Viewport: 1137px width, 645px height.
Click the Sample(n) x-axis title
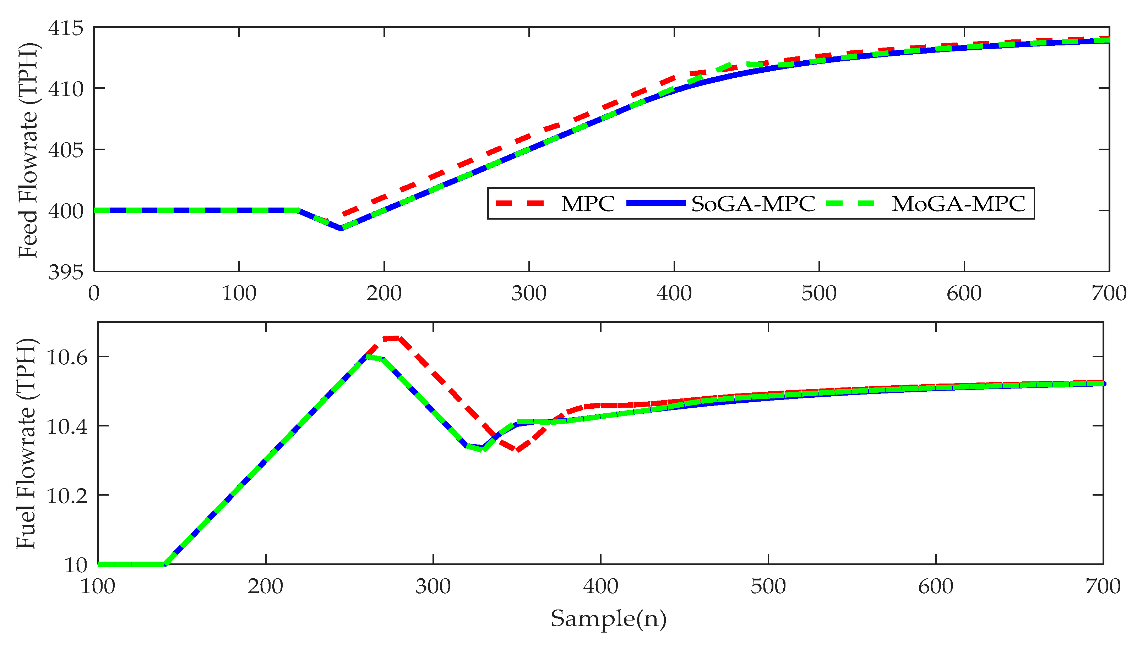[x=608, y=618]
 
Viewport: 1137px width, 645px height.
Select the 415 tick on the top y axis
[x=66, y=28]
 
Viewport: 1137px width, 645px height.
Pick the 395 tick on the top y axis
[x=66, y=272]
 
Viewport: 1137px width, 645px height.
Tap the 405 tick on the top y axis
[x=66, y=150]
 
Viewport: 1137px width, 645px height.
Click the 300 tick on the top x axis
[x=528, y=293]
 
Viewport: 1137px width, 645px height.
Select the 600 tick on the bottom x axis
[x=935, y=586]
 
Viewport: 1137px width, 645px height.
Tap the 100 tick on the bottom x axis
[x=98, y=586]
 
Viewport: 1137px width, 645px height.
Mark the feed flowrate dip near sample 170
[x=341, y=228]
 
